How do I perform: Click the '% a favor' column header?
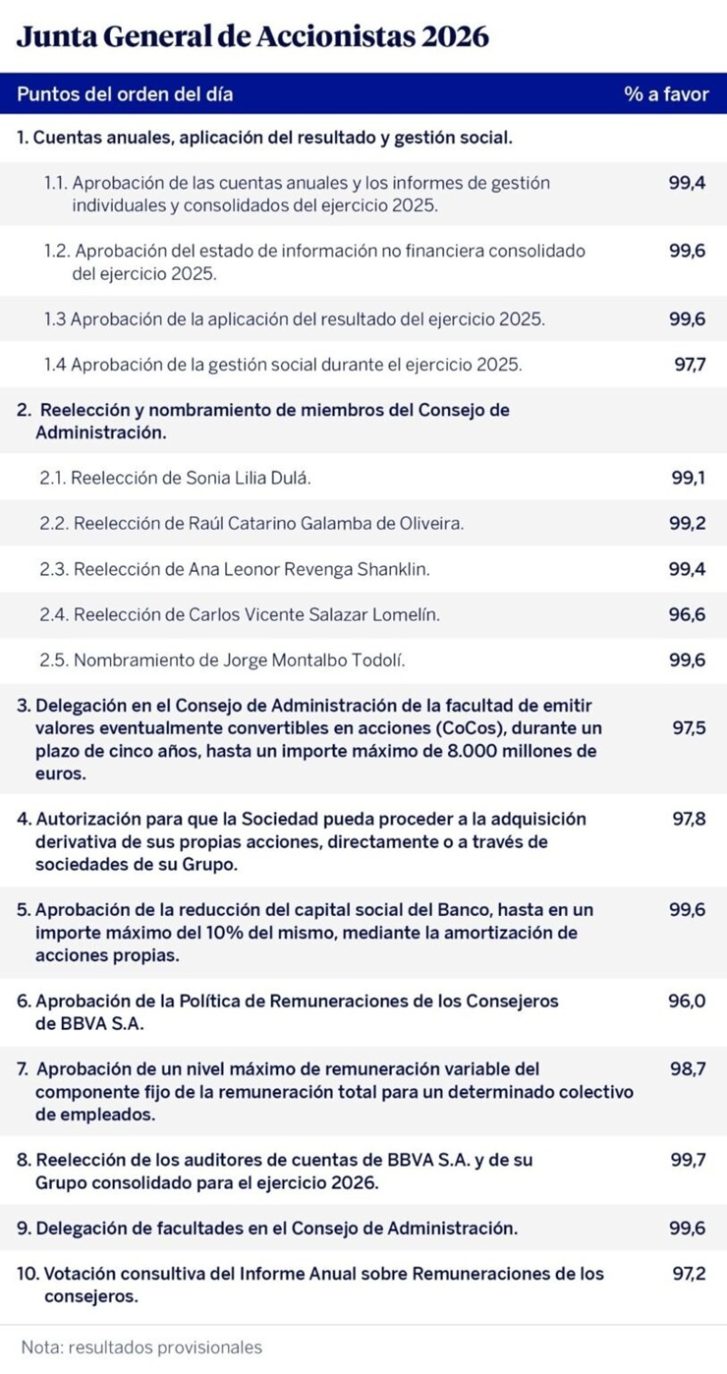(665, 95)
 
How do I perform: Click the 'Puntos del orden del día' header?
(125, 95)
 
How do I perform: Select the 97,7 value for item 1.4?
(690, 365)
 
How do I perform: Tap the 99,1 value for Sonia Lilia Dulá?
(688, 478)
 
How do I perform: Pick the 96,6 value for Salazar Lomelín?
(688, 614)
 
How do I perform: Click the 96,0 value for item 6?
(688, 1002)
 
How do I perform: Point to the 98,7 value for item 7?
(688, 1068)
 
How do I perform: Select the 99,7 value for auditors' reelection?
(688, 1160)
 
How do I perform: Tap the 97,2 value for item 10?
(690, 1274)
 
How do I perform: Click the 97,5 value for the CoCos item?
(690, 728)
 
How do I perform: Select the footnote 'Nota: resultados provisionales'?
(141, 1347)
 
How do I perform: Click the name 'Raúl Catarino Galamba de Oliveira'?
(325, 524)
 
